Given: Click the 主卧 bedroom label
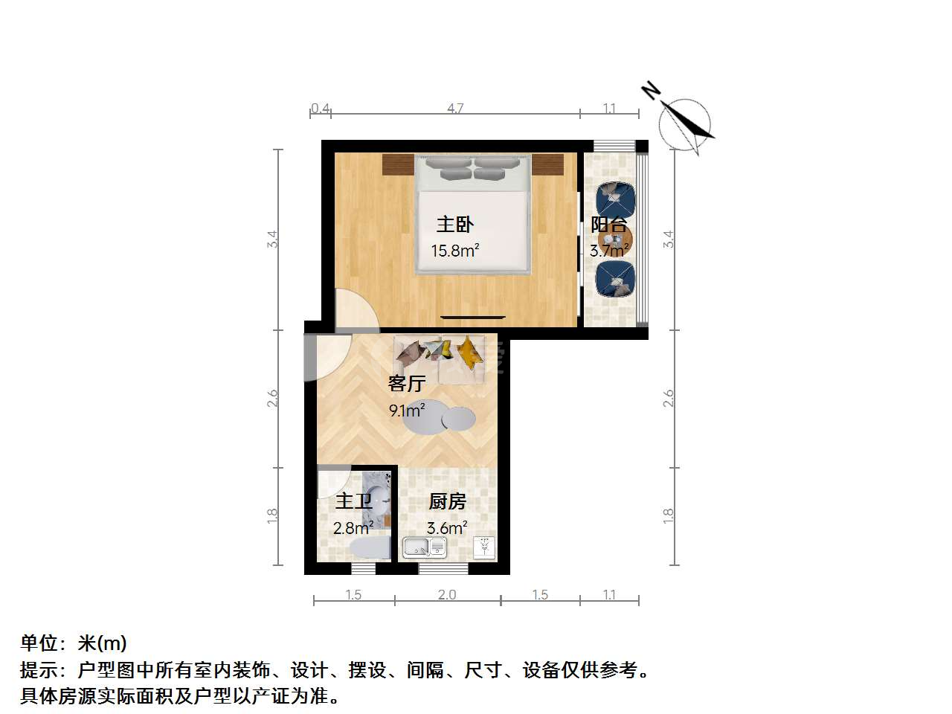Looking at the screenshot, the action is point(454,225).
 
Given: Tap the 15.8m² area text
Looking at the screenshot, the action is point(454,250).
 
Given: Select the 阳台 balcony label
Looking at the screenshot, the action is point(609,225).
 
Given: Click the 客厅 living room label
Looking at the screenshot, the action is point(406,384).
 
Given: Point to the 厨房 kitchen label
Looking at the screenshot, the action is point(447,501).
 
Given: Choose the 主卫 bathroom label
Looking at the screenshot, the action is point(353,501).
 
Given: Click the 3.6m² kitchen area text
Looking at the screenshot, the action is point(447,527).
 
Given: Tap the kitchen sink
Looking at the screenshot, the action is point(425,547).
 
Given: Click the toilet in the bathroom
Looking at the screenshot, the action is point(370,547).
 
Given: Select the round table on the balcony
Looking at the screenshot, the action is point(615,239).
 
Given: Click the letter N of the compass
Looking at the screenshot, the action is point(651,91).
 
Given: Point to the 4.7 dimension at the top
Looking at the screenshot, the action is point(455,108).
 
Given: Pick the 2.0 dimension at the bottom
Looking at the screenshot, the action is point(447,594).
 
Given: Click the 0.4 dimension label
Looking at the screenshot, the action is point(321,108).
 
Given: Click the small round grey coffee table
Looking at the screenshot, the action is point(458,419).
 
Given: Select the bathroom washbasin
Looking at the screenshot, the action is point(377,501).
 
